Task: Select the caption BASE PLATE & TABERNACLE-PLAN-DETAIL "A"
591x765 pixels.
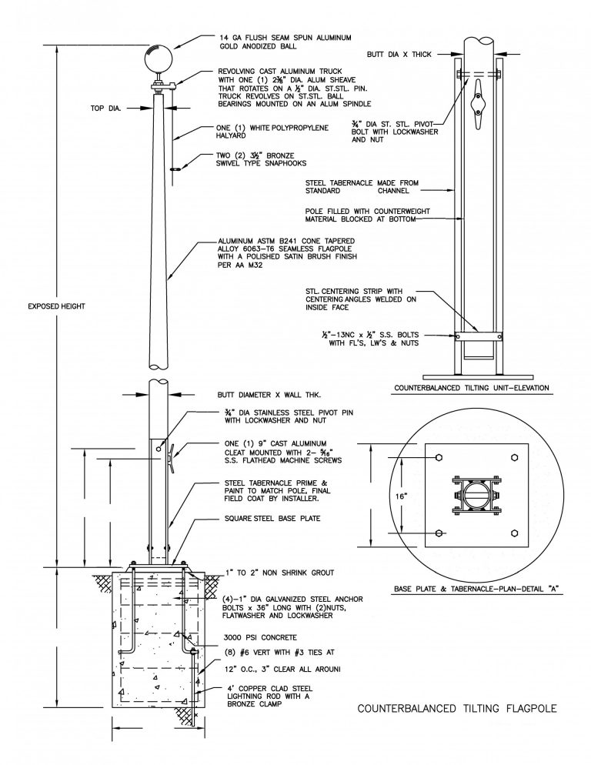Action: pos(476,590)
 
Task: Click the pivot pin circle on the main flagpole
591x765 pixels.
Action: pos(159,449)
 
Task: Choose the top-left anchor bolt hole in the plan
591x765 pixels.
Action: pos(439,459)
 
